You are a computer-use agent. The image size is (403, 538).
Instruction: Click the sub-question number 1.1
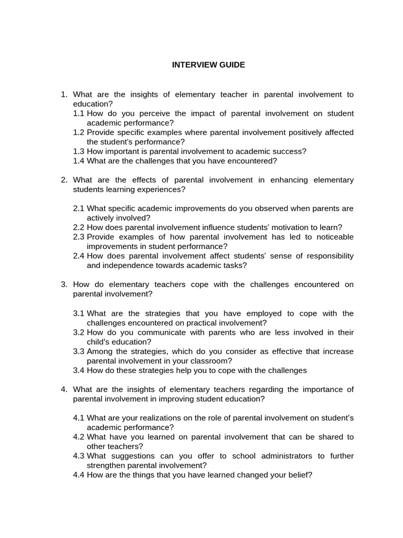79,113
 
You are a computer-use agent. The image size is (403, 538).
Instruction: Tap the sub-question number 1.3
79,151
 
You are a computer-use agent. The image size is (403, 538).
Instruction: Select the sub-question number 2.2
79,227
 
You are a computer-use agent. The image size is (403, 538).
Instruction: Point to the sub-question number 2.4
79,256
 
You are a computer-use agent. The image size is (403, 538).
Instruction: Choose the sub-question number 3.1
79,314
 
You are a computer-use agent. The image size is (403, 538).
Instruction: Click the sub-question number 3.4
79,370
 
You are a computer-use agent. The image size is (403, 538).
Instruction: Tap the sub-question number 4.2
79,437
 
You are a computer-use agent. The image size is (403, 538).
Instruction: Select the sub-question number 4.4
79,475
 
